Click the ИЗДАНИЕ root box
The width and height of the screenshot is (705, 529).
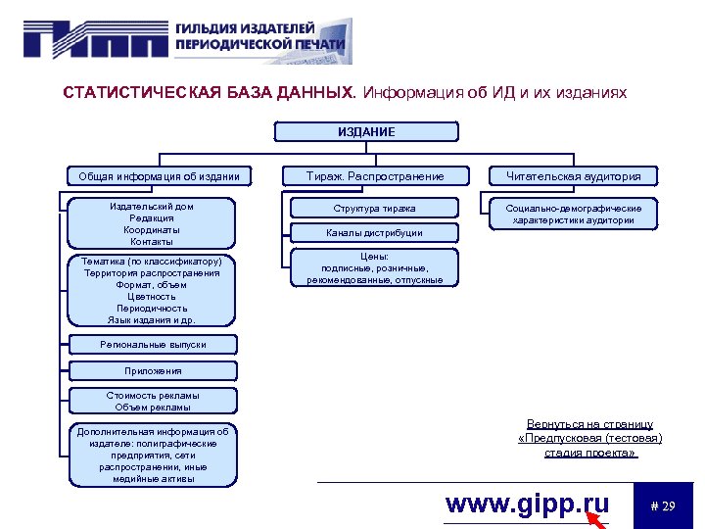(366, 132)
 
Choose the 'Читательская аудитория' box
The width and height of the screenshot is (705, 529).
(573, 176)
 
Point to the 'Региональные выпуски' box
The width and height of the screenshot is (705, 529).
(153, 344)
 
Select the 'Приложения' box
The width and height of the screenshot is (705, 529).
(153, 371)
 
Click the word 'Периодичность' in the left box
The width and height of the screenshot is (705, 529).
(152, 308)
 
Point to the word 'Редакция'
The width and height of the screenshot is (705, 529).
(152, 218)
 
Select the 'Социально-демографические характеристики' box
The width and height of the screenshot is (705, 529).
(574, 215)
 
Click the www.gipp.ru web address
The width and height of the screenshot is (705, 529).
(527, 505)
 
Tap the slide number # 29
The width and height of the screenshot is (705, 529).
(663, 505)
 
